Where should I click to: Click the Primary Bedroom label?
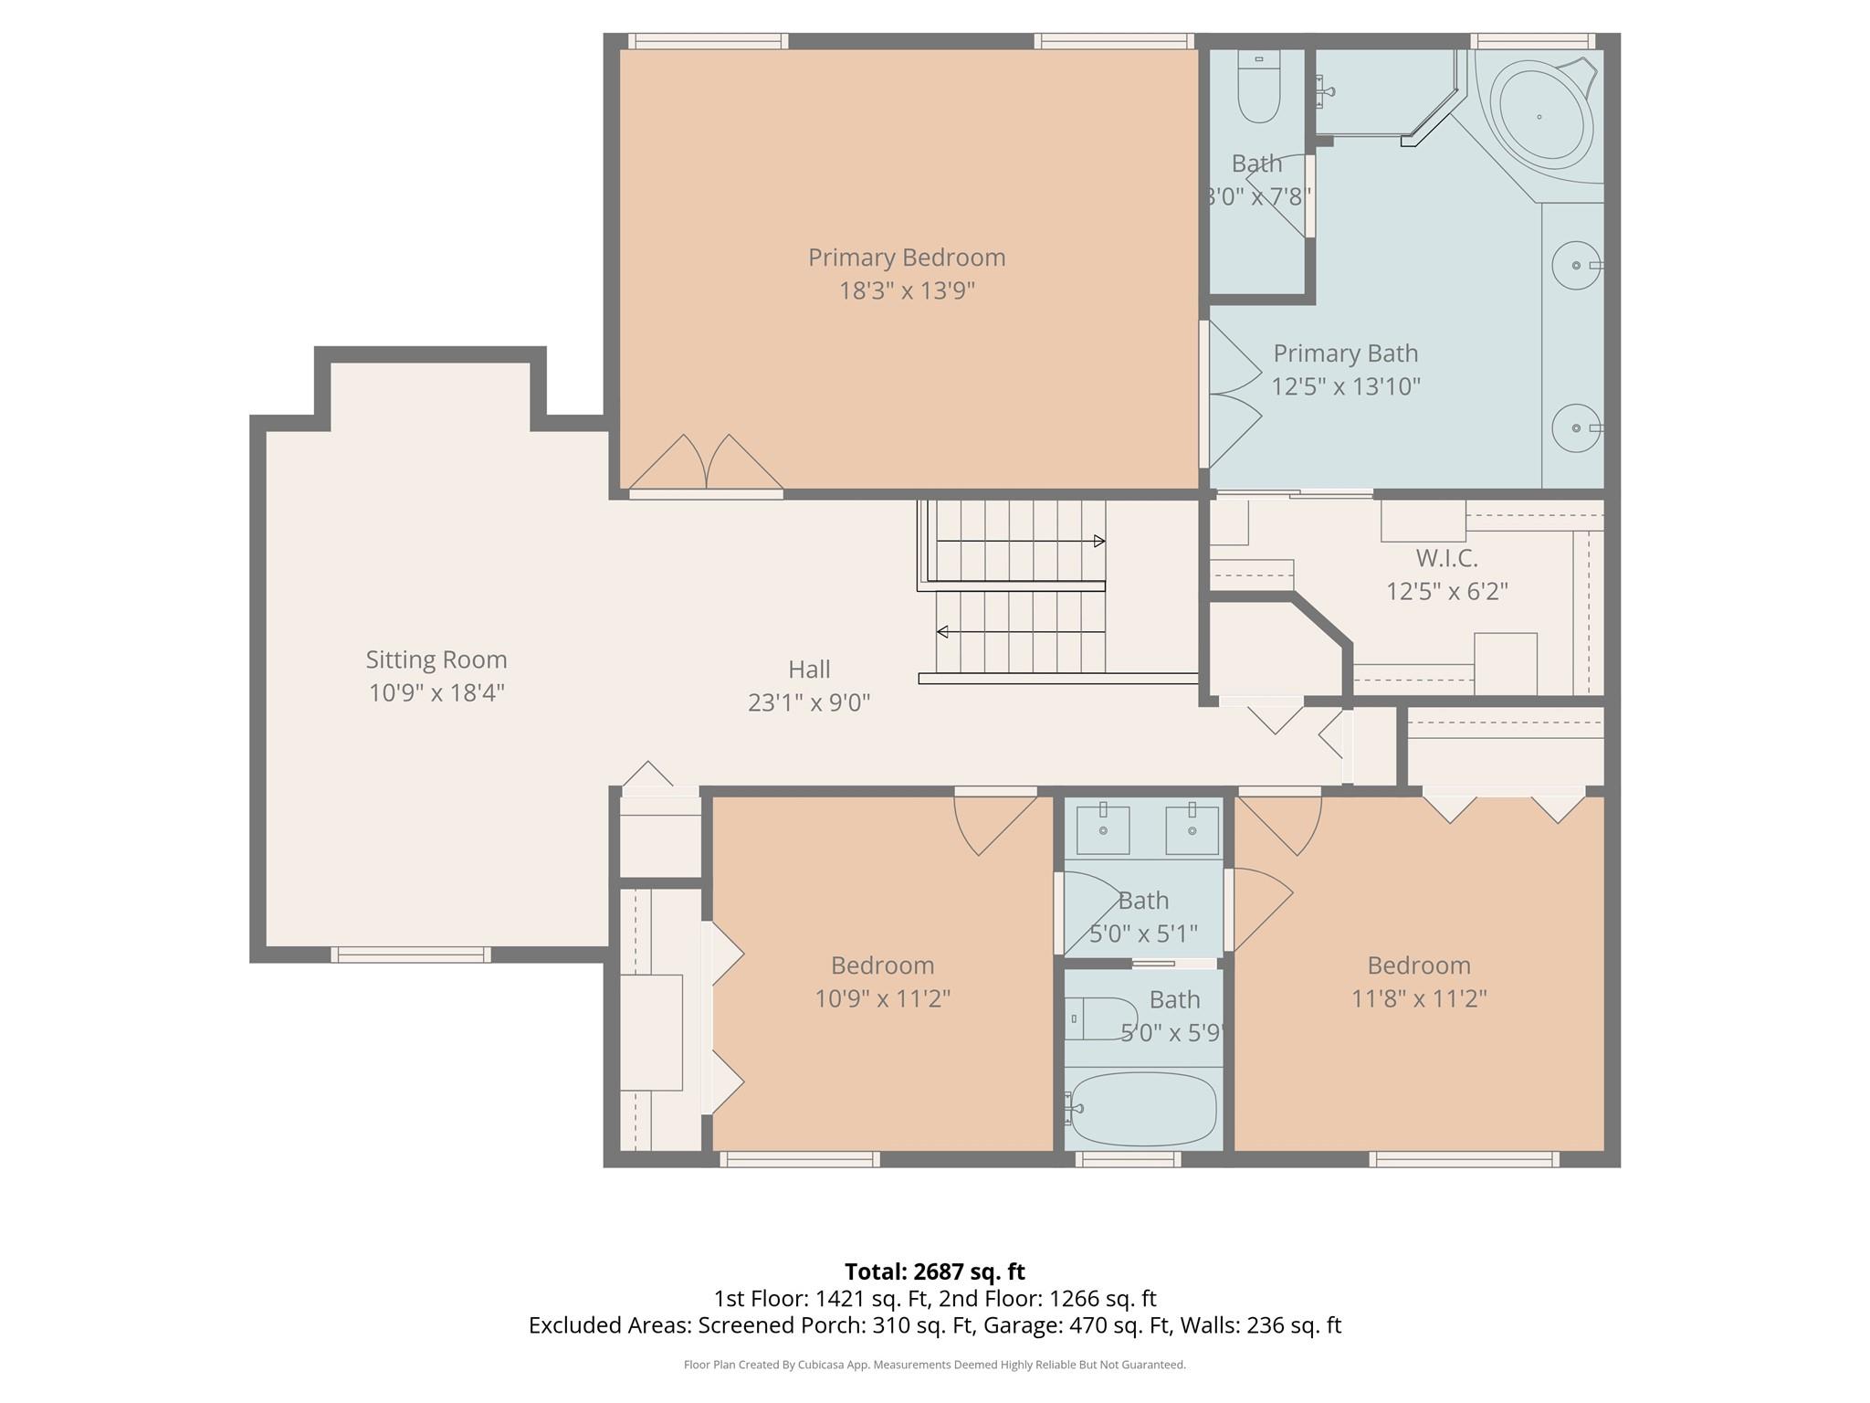[906, 258]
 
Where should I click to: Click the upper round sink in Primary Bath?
[1576, 265]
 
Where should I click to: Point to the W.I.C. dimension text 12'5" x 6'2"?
[1446, 591]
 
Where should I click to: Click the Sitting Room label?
[436, 659]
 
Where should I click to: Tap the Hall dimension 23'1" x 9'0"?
[809, 702]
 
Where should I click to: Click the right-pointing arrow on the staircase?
[1099, 541]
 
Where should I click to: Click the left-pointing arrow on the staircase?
[942, 632]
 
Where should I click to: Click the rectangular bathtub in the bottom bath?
[1142, 1109]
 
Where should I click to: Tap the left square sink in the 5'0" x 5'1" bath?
[1103, 829]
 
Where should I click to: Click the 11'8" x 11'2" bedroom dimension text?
[1419, 998]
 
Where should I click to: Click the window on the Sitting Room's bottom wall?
[411, 955]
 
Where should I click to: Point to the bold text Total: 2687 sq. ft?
[934, 1271]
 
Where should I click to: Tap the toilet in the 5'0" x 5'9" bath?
[1101, 1018]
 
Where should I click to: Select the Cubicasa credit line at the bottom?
[934, 1365]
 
